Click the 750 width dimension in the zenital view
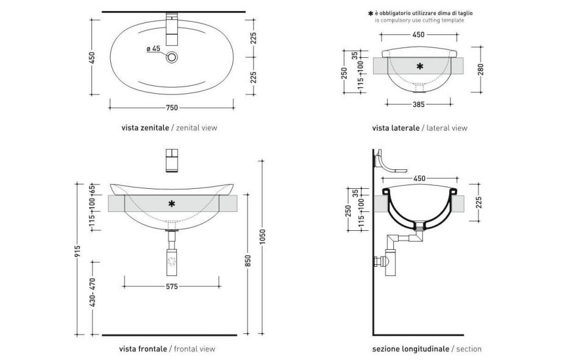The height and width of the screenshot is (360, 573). (x=171, y=108)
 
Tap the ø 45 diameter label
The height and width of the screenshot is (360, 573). (x=153, y=48)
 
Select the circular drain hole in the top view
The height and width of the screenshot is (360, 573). (x=173, y=58)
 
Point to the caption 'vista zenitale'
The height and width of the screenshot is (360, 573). (x=144, y=128)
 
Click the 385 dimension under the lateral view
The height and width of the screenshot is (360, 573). (x=418, y=105)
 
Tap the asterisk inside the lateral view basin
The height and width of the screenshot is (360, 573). (x=419, y=66)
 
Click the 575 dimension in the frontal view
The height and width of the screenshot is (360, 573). (x=171, y=287)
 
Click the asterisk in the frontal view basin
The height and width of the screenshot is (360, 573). (x=171, y=203)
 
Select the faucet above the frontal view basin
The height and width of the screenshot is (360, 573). (x=171, y=160)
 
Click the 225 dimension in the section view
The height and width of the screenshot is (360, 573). (x=480, y=202)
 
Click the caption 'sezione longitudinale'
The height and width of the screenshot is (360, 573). (x=411, y=349)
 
